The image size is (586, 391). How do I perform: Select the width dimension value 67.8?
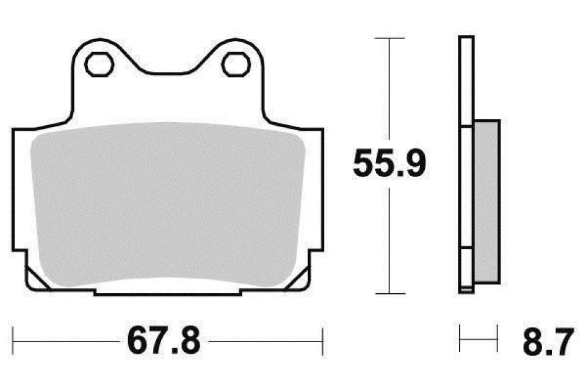[164, 342]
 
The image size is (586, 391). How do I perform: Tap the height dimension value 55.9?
[389, 163]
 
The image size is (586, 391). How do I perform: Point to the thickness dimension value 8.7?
[548, 342]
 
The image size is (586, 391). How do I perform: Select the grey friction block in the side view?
[487, 202]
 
